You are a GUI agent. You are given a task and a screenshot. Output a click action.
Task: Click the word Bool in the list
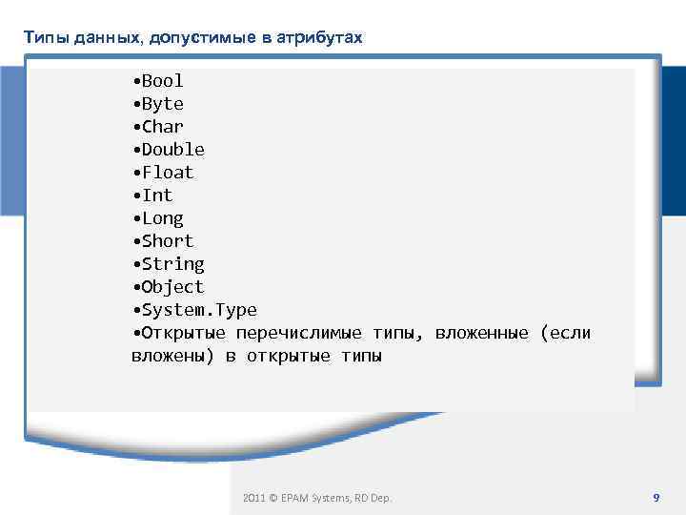162,81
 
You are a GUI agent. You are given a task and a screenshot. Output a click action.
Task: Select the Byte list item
162,104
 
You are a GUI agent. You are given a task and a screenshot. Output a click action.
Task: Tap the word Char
162,127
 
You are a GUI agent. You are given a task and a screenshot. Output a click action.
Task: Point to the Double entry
172,150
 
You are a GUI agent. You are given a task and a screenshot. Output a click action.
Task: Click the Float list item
167,173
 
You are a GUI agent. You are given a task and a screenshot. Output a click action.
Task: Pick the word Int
157,196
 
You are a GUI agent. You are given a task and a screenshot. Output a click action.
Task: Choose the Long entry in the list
162,218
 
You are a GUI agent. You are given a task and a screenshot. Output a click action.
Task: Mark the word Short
167,241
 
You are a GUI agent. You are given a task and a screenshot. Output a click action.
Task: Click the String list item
172,264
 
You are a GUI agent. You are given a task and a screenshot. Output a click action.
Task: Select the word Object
172,287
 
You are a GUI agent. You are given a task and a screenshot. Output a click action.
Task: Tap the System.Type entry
198,310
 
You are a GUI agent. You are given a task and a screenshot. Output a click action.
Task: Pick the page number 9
656,498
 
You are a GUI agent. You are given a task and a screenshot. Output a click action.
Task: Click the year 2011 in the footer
253,498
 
